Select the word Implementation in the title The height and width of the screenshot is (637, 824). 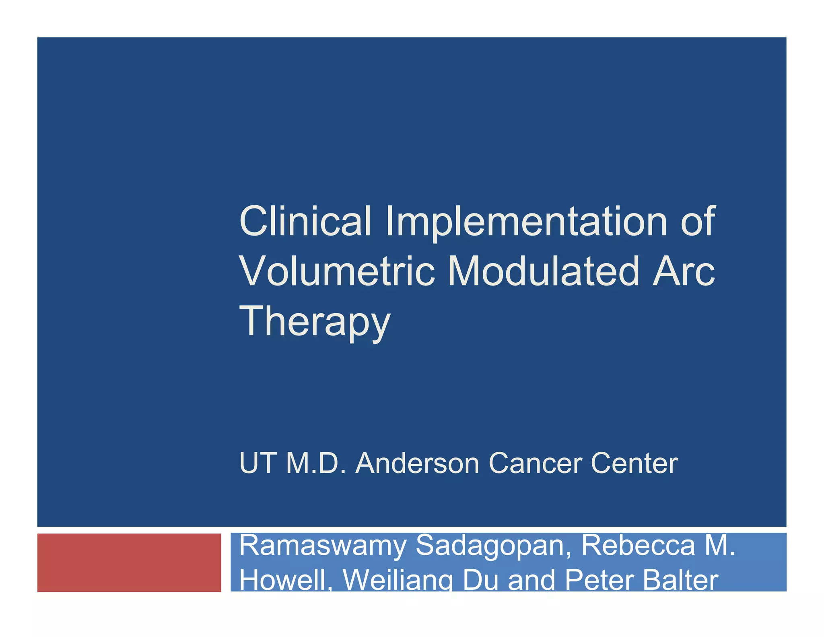click(526, 222)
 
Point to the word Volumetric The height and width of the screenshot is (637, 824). click(337, 271)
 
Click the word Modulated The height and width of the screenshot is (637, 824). click(543, 271)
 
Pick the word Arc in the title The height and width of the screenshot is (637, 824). click(683, 271)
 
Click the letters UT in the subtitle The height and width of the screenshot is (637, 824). click(257, 463)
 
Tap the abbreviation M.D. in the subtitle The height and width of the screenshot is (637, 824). click(316, 463)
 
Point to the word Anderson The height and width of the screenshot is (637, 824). click(417, 463)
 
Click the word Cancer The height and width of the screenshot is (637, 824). click(535, 463)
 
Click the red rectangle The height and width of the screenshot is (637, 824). click(129, 562)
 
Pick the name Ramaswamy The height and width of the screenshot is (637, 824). click(323, 546)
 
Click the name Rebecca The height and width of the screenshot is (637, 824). click(638, 545)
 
